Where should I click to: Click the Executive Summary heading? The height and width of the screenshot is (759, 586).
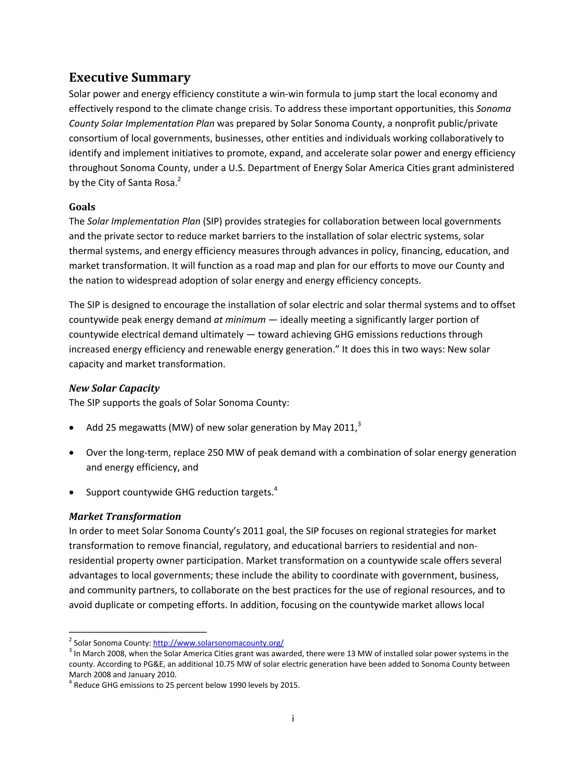tap(130, 78)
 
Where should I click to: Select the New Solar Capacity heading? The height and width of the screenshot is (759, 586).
tap(114, 388)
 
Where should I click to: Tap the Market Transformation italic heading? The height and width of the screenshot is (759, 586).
tap(125, 516)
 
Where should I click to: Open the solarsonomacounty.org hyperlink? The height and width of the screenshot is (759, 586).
tap(218, 643)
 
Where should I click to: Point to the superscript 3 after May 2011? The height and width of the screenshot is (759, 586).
tap(359, 424)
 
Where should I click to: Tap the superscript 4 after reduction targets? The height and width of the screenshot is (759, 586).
tap(276, 489)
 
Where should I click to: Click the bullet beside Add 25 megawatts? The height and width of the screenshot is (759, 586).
tap(72, 428)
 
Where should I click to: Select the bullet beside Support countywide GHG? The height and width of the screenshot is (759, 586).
tap(72, 493)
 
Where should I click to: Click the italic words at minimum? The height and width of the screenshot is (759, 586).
tap(239, 320)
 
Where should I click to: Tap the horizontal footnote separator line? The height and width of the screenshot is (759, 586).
tap(138, 632)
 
